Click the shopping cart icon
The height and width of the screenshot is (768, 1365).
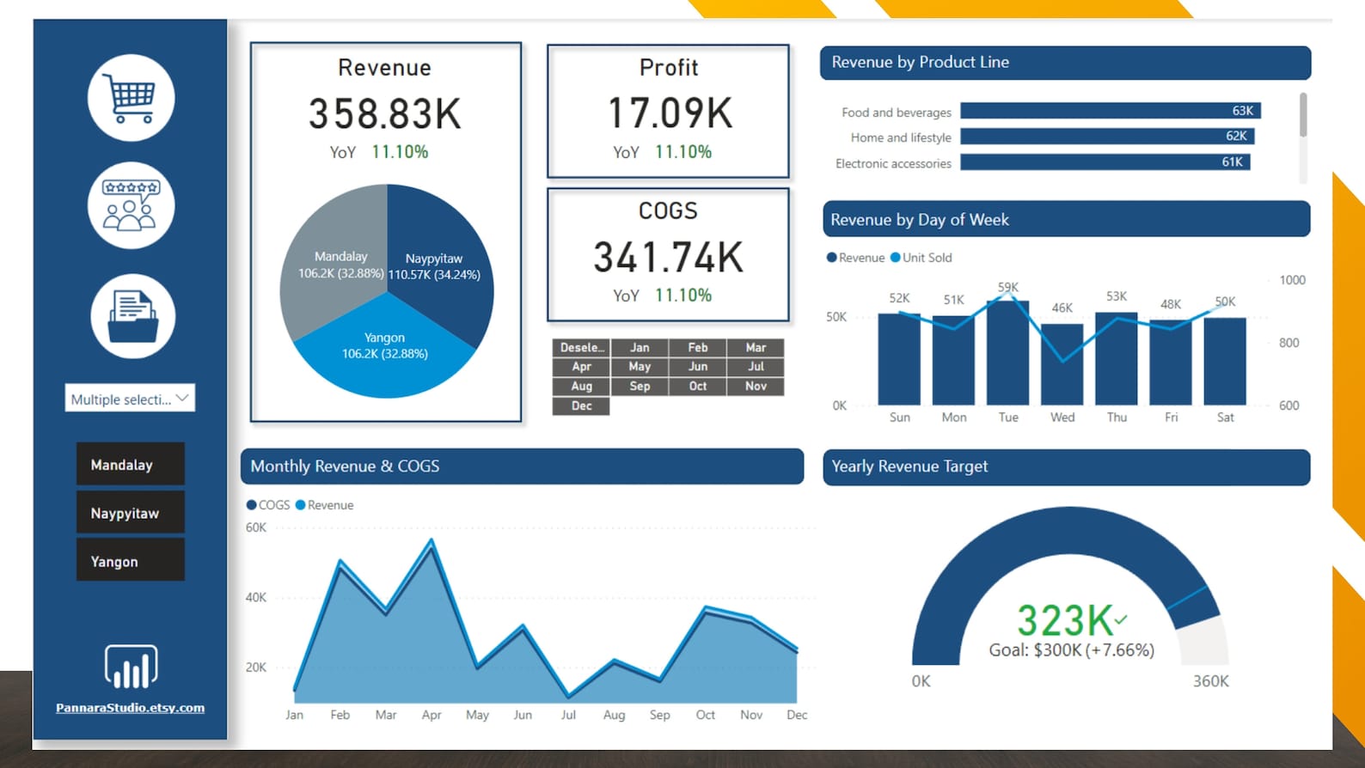[x=131, y=98]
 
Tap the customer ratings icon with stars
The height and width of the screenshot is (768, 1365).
[x=131, y=205]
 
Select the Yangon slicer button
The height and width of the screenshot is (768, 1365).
[x=131, y=561]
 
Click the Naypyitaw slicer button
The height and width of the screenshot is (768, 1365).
[x=131, y=513]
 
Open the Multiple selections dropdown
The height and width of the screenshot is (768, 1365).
[x=130, y=399]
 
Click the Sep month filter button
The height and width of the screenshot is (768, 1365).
[x=640, y=387]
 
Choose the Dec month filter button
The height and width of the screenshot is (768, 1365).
[x=581, y=406]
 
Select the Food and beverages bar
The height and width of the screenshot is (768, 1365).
[x=1109, y=111]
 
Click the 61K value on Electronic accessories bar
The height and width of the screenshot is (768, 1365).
[x=1232, y=162]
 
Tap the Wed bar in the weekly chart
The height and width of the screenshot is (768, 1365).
[x=1062, y=364]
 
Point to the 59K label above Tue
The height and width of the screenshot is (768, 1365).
[x=1008, y=287]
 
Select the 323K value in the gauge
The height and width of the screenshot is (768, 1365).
[x=1066, y=621]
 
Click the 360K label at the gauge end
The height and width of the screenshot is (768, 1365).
[x=1210, y=681]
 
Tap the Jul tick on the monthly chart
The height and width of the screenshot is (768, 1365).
[x=568, y=715]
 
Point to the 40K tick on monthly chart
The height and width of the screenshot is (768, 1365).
[x=256, y=598]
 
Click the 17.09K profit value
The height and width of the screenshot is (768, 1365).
[x=670, y=113]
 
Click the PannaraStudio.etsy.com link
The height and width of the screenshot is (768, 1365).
[x=131, y=708]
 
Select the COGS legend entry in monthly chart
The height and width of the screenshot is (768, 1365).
[x=268, y=505]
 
